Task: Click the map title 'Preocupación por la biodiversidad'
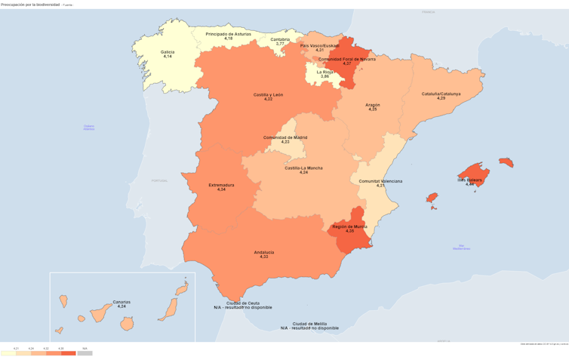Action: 30,5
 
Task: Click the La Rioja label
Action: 324,73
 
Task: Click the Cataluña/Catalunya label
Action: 441,95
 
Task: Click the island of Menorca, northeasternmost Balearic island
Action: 506,162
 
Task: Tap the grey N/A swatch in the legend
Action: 85,353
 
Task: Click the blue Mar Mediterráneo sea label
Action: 462,247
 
